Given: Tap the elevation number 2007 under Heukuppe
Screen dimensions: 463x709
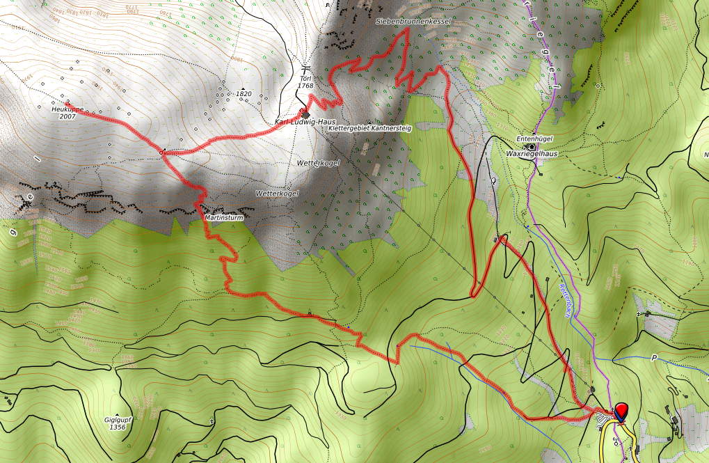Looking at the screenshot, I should (x=67, y=117).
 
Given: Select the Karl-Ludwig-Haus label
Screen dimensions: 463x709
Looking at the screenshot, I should (x=305, y=122).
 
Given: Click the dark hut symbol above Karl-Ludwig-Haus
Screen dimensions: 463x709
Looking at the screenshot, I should (x=305, y=113).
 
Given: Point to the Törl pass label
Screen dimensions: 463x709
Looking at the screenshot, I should (x=305, y=77).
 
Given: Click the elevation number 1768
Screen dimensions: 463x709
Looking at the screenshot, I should (x=305, y=86).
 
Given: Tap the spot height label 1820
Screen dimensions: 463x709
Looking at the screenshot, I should (x=244, y=93).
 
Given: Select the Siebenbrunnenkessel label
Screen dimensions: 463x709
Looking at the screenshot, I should (x=414, y=22).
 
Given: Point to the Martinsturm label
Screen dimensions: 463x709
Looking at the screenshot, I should (x=223, y=218).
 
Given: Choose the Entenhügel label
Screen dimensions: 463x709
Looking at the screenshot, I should (x=534, y=139).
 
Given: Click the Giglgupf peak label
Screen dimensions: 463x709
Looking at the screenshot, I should (x=118, y=420).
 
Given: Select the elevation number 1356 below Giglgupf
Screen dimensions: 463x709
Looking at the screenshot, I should (x=118, y=427).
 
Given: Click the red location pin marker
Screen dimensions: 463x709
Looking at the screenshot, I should (x=621, y=411).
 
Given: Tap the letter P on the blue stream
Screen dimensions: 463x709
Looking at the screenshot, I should (x=653, y=358).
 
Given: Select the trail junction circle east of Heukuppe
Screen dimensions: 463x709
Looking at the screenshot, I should (x=161, y=152).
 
